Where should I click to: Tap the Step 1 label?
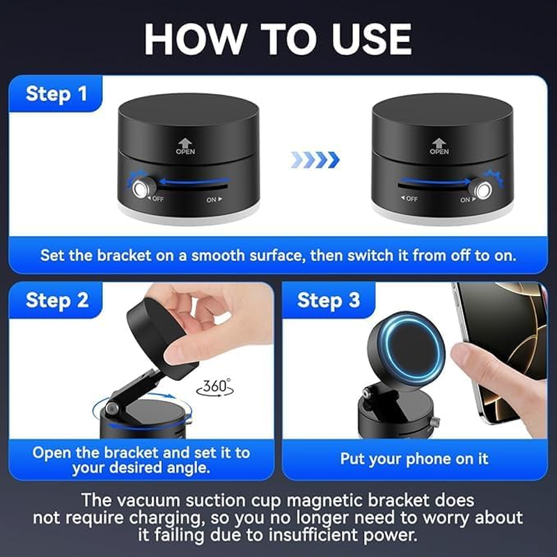pyautogui.click(x=56, y=94)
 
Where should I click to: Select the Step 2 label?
pyautogui.click(x=56, y=300)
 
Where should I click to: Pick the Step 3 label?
pyautogui.click(x=329, y=300)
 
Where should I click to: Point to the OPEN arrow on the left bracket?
pyautogui.click(x=185, y=142)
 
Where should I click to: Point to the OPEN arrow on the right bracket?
pyautogui.click(x=439, y=142)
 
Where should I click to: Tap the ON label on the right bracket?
pyautogui.click(x=465, y=200)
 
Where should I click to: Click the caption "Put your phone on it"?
pyautogui.click(x=414, y=459)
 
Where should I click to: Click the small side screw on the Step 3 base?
pyautogui.click(x=436, y=423)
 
